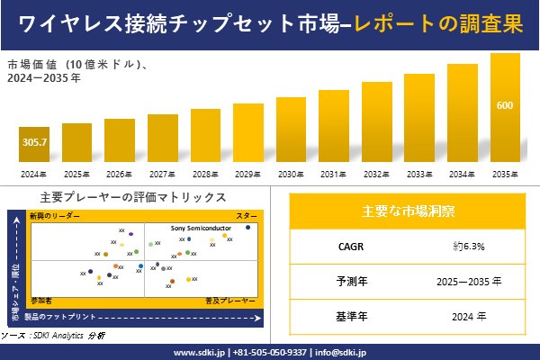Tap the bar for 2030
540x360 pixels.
click(x=292, y=130)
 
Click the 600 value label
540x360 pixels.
click(x=505, y=106)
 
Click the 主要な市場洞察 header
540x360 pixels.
click(x=408, y=211)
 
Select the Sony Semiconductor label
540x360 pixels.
click(x=202, y=229)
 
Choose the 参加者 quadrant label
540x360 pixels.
click(x=41, y=299)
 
